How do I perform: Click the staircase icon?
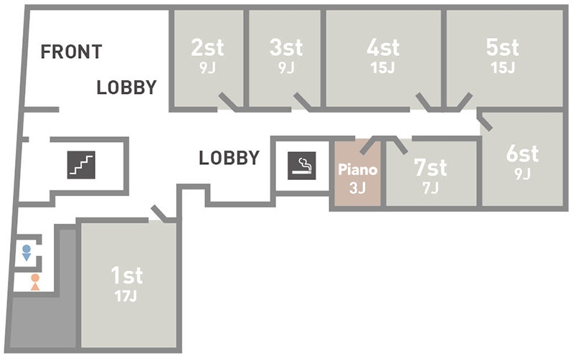[x=81, y=164]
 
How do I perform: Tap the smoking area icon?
[x=301, y=165]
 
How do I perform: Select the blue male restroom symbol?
[x=27, y=252]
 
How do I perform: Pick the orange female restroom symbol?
[x=34, y=281]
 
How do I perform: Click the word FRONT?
[x=71, y=52]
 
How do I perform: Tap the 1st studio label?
[x=126, y=275]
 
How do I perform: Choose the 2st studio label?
[x=207, y=48]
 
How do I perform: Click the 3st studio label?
[x=286, y=48]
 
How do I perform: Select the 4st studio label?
[x=383, y=48]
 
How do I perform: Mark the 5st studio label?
[x=502, y=48]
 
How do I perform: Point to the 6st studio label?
[x=521, y=154]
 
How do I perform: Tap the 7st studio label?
[x=430, y=169]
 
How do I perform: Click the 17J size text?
[x=126, y=295]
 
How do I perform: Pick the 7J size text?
[x=430, y=187]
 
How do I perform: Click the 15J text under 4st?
[x=383, y=68]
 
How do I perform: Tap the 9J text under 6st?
[x=521, y=174]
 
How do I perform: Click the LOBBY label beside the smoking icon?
[x=229, y=158]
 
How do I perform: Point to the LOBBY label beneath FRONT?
[x=126, y=88]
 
